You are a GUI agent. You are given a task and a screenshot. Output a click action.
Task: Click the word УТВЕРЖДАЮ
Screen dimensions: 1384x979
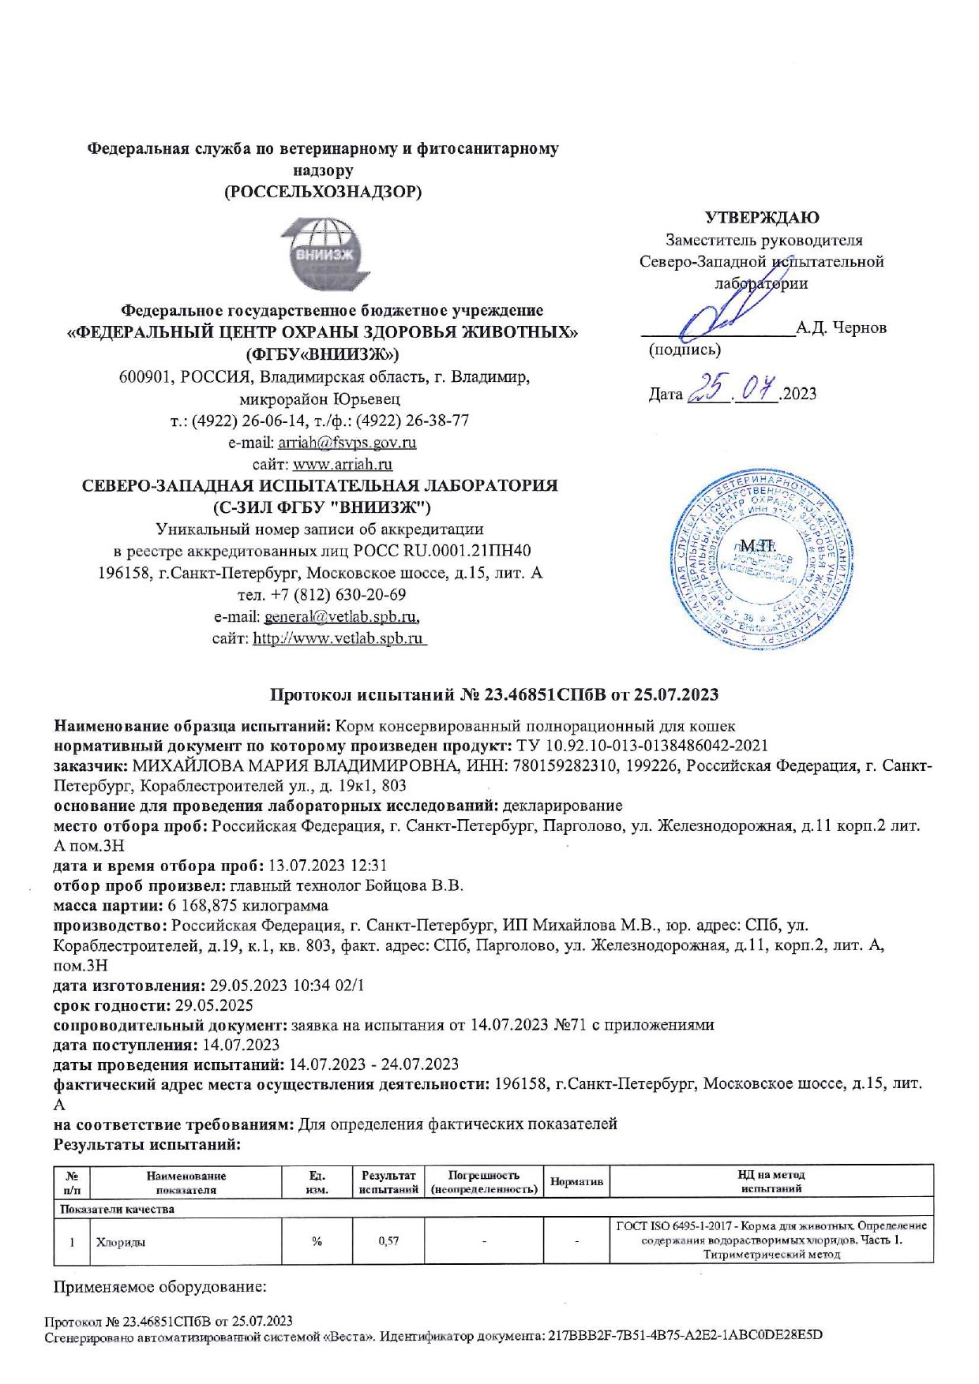[761, 217]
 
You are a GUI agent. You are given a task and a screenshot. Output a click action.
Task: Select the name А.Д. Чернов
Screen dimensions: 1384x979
[841, 327]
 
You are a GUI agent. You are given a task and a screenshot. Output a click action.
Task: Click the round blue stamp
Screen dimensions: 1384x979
[761, 560]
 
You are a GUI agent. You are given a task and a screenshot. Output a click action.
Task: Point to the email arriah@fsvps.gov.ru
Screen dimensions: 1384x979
[347, 443]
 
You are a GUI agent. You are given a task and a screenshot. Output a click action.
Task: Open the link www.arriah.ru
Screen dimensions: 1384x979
[343, 464]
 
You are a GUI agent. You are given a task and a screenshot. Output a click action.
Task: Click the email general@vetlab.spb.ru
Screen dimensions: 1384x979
[341, 616]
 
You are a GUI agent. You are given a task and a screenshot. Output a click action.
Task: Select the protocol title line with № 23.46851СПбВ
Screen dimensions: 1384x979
[494, 694]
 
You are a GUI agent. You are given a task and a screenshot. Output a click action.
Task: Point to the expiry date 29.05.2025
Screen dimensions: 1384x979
[214, 1005]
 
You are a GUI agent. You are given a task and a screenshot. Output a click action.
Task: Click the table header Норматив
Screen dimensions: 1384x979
[576, 1181]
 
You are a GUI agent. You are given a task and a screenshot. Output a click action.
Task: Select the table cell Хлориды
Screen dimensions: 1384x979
[121, 1241]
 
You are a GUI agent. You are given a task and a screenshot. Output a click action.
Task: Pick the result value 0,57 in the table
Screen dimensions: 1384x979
[388, 1241]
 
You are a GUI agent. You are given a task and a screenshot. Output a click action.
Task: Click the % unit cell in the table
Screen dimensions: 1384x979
[317, 1241]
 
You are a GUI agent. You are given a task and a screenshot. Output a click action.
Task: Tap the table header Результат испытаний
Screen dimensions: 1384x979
[388, 1182]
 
